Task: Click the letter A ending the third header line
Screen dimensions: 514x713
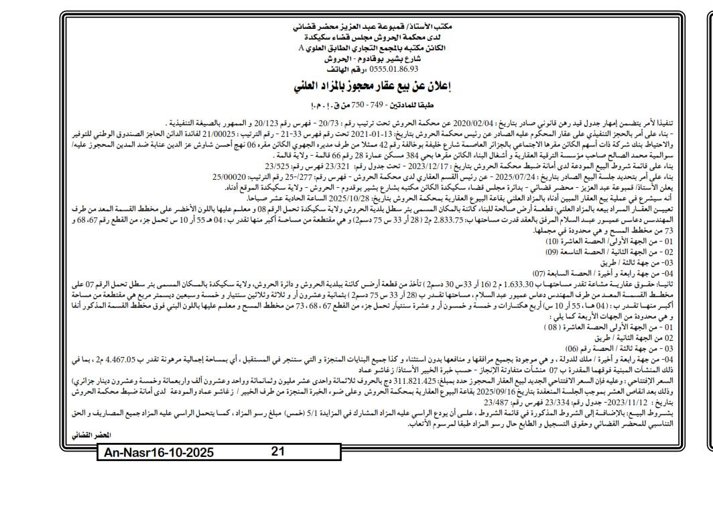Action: [x=304, y=48]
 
